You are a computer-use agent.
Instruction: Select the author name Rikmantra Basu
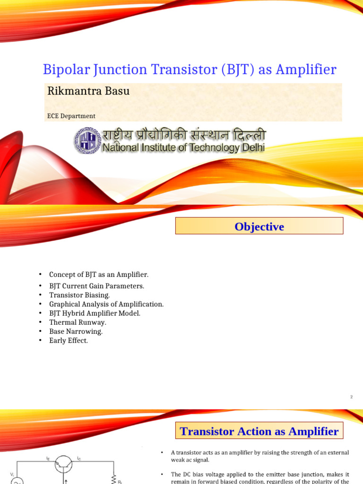pos(88,91)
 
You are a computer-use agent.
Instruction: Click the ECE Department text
pos(71,116)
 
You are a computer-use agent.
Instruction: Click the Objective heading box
pos(259,227)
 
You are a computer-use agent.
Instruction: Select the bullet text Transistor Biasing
pos(79,295)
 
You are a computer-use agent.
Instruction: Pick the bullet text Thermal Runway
pos(78,322)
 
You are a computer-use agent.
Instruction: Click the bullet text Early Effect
pos(69,340)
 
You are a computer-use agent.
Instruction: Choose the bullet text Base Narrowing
pos(76,331)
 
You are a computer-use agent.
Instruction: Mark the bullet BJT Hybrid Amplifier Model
pos(95,313)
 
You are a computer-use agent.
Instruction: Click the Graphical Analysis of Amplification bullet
pos(106,304)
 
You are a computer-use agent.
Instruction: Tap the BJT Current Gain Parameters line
pos(96,286)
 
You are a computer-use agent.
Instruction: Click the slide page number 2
pos(351,398)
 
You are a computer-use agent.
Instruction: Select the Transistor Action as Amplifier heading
pos(259,432)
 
